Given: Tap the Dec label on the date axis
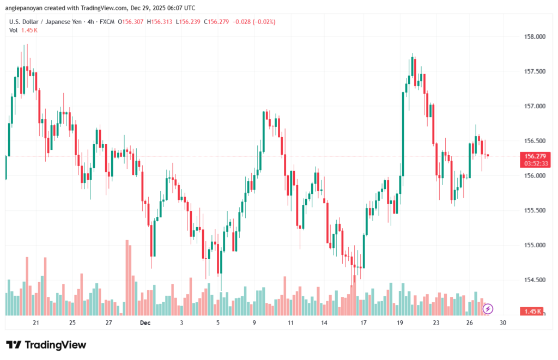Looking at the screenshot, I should [145, 323].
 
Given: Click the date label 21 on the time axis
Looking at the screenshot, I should [36, 323].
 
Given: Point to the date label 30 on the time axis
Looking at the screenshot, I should [503, 323].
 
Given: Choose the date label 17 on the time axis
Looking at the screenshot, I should [363, 323].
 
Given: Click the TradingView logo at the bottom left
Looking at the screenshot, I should [46, 345].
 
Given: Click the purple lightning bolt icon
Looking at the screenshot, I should [488, 309].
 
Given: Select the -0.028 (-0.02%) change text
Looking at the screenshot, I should [254, 22].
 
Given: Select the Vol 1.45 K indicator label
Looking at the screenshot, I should [23, 30].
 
